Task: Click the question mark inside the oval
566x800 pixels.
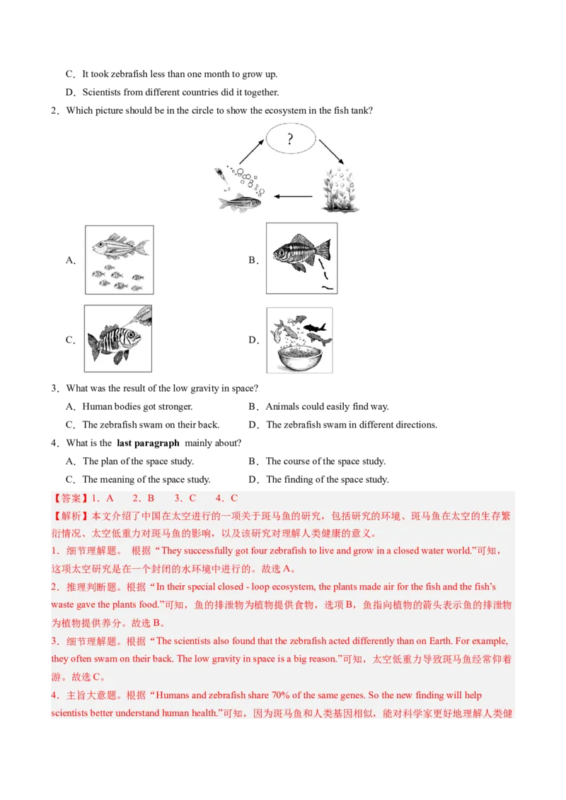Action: (x=289, y=139)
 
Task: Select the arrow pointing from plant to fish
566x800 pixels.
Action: (x=294, y=196)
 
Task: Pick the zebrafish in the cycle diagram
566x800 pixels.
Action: (x=239, y=203)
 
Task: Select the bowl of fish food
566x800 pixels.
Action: (x=297, y=356)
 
